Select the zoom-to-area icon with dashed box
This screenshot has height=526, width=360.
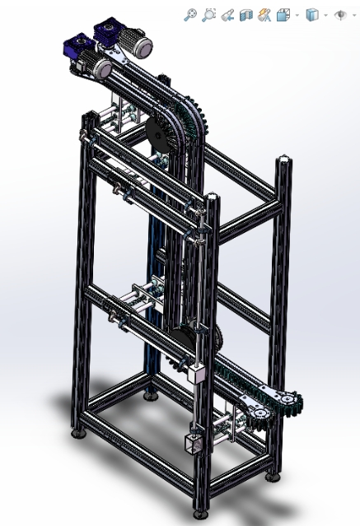(x=209, y=14)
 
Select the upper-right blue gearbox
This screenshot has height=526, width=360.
(x=110, y=34)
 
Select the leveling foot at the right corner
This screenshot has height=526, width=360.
(x=273, y=477)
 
